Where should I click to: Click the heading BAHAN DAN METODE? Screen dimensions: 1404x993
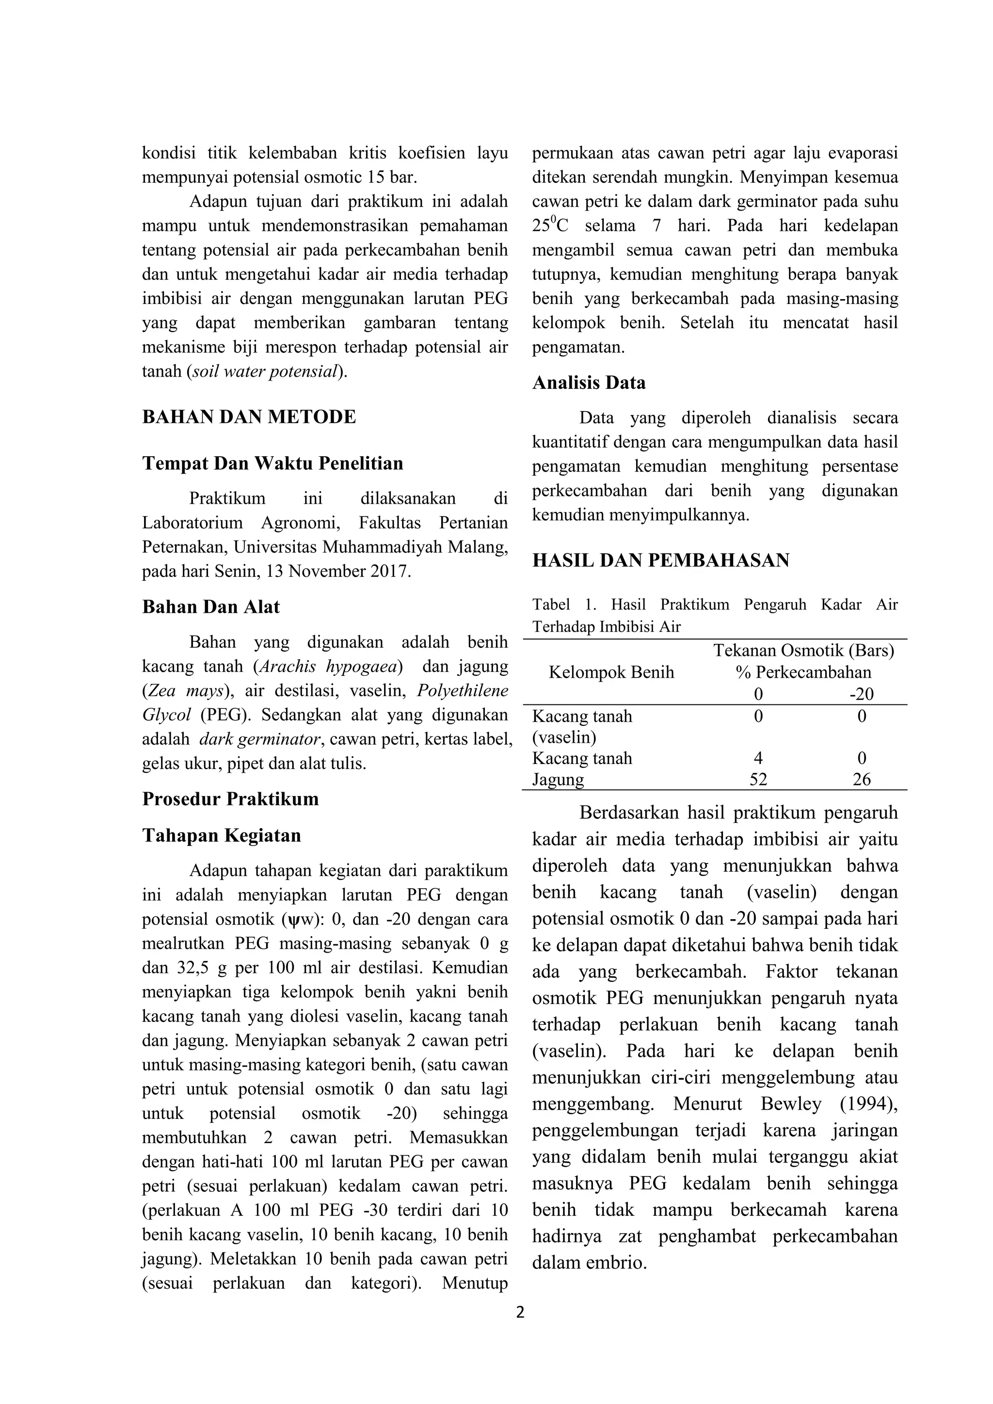point(249,417)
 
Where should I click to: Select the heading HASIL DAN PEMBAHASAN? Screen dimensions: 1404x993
point(660,560)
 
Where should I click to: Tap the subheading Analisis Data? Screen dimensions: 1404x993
point(589,383)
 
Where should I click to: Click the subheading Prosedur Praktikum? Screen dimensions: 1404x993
point(230,799)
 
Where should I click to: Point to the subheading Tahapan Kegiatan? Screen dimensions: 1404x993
point(222,835)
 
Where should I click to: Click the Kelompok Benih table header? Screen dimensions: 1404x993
point(611,672)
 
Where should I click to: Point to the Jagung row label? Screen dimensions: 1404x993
point(558,780)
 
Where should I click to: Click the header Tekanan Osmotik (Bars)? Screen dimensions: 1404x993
point(803,650)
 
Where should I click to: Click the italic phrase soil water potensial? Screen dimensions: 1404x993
point(265,371)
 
